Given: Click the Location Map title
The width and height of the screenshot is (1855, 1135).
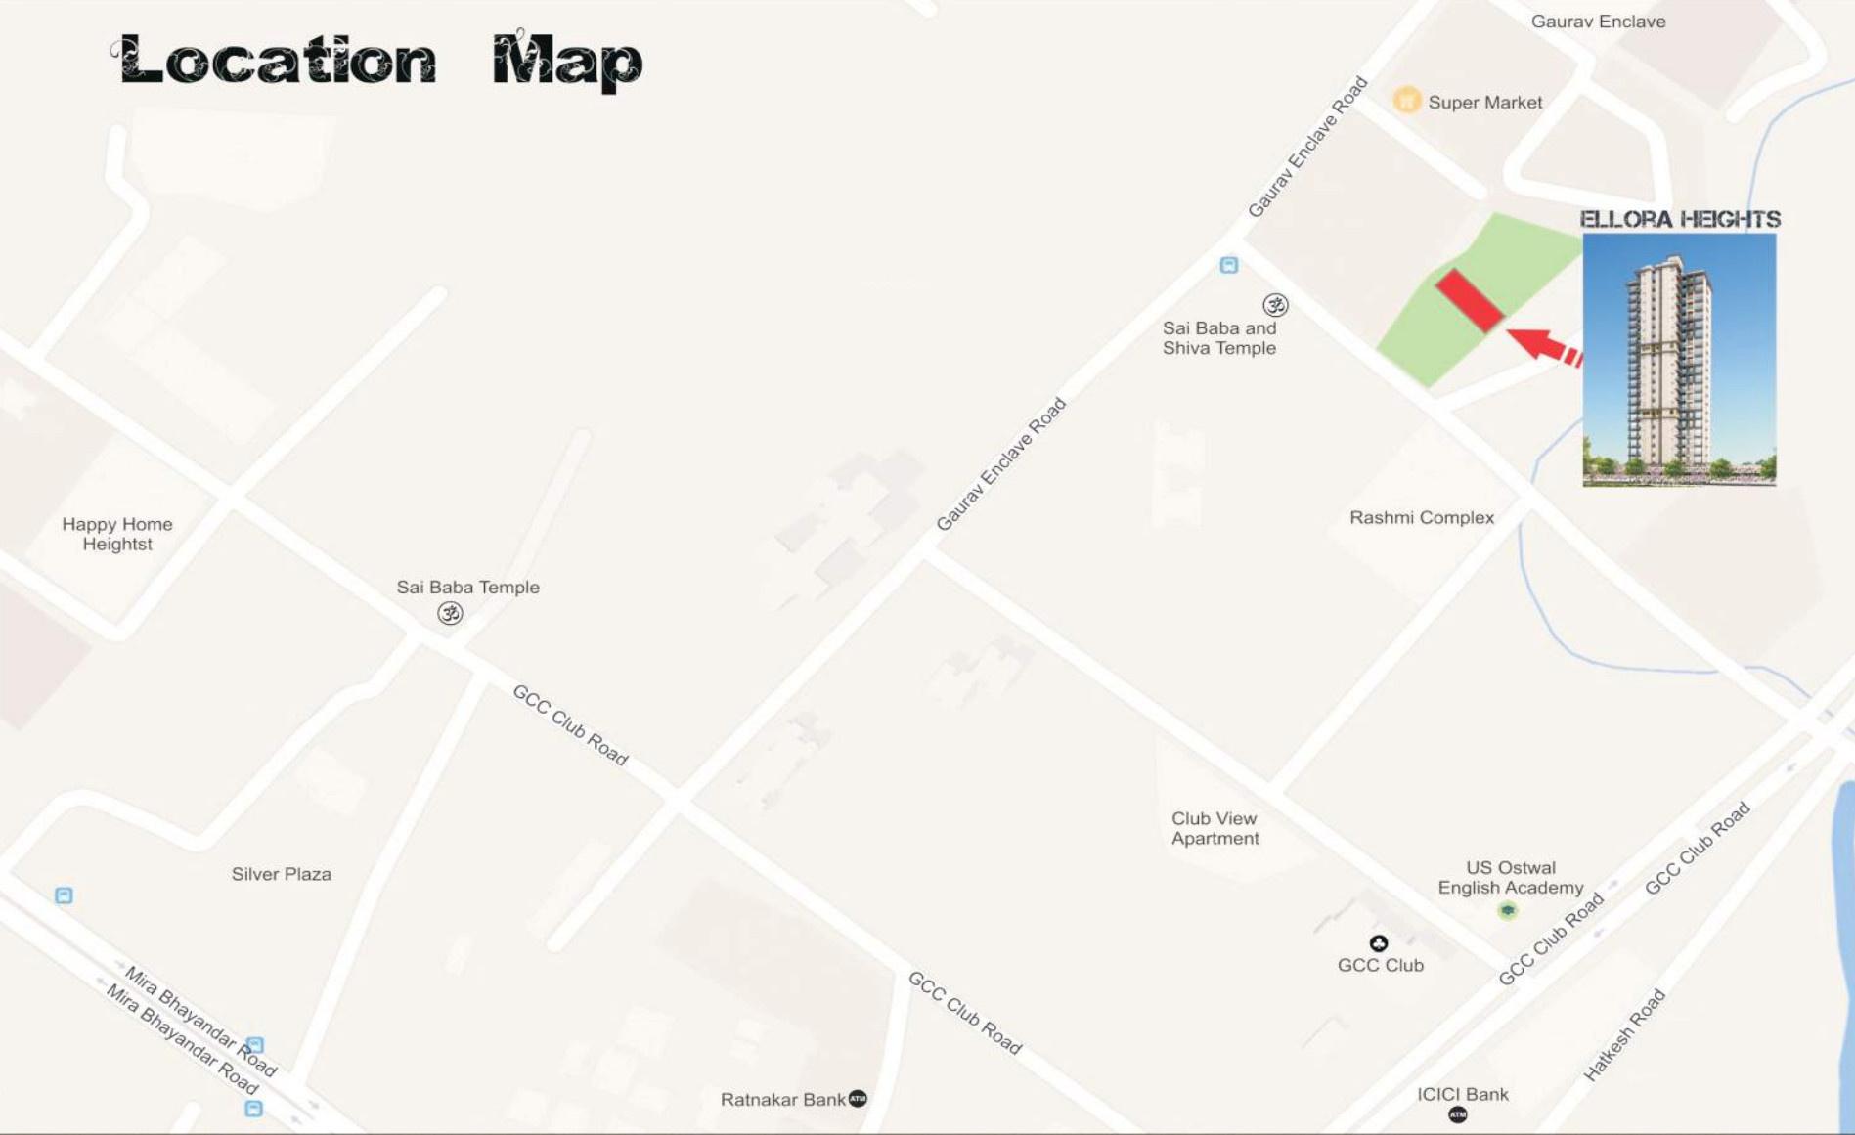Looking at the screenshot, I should point(377,61).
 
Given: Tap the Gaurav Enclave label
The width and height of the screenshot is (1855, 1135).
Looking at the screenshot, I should point(1598,22).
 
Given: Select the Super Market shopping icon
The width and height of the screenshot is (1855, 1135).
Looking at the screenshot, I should point(1406,100).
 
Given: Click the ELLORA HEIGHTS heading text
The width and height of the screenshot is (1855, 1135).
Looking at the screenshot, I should point(1680,219).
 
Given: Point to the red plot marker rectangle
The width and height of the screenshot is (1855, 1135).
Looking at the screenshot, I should point(1469,300).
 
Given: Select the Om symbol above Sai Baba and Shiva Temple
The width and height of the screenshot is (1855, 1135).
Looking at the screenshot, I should point(1275,305).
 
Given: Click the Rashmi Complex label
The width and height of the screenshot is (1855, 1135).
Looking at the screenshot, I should point(1422,517).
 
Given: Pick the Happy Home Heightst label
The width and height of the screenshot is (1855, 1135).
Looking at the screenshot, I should point(117,534).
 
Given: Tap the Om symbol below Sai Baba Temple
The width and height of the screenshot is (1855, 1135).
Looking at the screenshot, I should point(450,613).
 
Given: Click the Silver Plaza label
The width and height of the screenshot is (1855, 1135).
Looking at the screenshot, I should point(282,874).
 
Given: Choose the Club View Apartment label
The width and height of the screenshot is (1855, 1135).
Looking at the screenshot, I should point(1215,828).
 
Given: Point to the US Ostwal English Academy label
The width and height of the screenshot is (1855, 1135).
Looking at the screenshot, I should point(1511,877).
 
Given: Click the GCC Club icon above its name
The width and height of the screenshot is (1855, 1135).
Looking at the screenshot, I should point(1379,943).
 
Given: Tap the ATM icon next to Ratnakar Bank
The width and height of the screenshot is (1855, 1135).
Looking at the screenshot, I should point(858,1099).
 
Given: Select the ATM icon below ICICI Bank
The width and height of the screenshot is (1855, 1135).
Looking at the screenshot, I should point(1457,1114).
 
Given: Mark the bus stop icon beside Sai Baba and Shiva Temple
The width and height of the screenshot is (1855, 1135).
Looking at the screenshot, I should point(1229,265).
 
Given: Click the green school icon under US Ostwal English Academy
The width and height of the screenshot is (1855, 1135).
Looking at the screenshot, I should point(1508,910).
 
